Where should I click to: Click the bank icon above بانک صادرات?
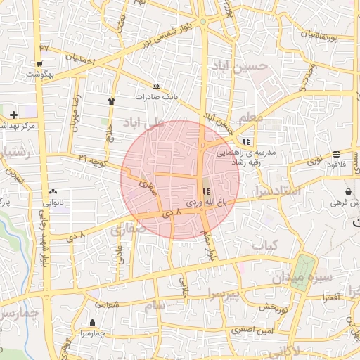pos(156,86)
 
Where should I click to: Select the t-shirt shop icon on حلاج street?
pos(111,101)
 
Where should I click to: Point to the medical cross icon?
pos(13,114)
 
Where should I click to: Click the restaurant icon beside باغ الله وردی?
pos(206,191)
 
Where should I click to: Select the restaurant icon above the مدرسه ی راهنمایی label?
pos(246,141)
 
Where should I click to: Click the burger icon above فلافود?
pos(337,153)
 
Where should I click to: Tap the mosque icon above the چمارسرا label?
pos(91,323)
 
